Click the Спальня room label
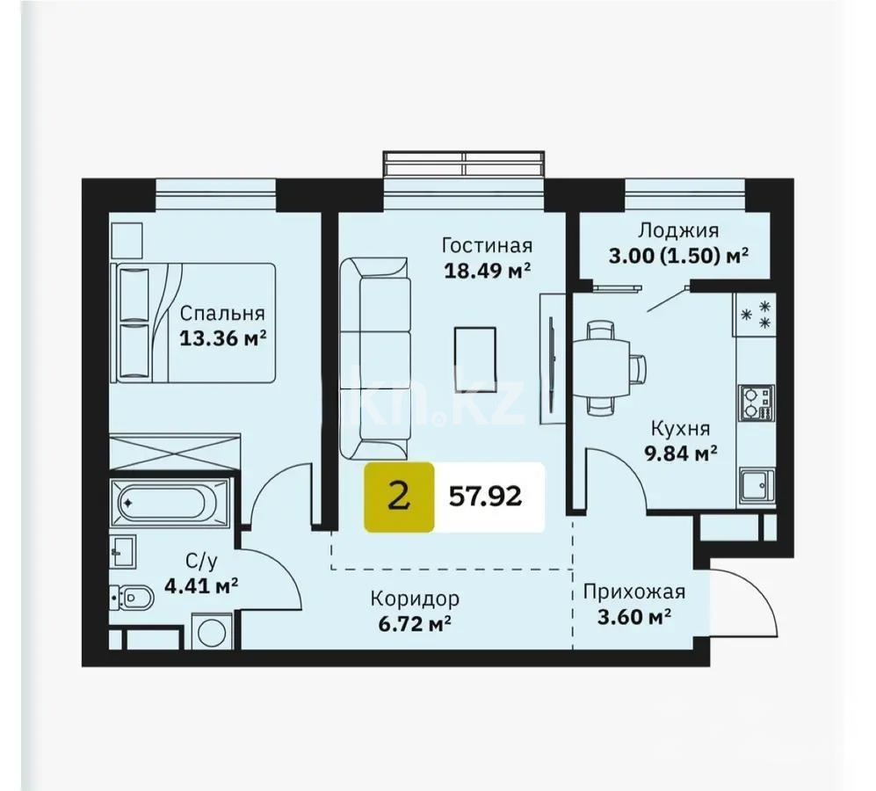click(222, 313)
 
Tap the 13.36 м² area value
click(222, 337)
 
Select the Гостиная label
click(488, 245)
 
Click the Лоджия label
click(677, 230)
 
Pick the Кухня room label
click(680, 429)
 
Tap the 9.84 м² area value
click(680, 454)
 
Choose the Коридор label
click(414, 599)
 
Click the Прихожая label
click(633, 591)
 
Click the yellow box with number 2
click(399, 497)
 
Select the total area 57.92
click(486, 497)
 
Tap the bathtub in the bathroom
click(170, 504)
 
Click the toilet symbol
click(134, 599)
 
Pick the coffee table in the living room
click(474, 358)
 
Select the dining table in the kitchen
click(602, 363)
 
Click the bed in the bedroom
click(192, 323)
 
